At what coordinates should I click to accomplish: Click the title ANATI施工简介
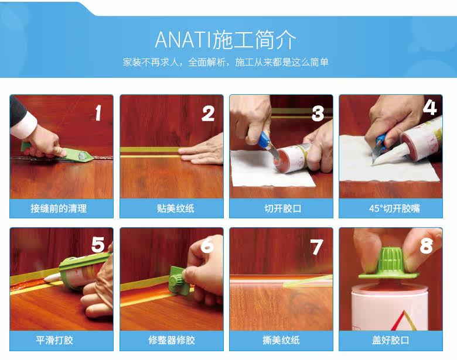tap(226, 40)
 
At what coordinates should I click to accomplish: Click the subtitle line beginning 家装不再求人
tap(226, 62)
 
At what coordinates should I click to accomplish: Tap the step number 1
tap(98, 113)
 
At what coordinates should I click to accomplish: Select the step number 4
tap(430, 108)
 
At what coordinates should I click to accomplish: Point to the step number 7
tap(317, 246)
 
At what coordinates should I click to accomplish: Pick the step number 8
tap(427, 245)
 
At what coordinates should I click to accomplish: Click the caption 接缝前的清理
tap(59, 208)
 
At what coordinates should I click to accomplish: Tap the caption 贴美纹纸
tap(175, 208)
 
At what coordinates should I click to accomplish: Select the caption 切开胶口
tap(283, 208)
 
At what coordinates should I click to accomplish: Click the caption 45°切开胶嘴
tap(394, 208)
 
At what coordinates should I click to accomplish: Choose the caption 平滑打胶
tap(54, 340)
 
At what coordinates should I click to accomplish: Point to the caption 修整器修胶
tap(171, 340)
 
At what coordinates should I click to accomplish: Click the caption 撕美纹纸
tap(281, 340)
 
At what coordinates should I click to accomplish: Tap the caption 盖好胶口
tap(391, 340)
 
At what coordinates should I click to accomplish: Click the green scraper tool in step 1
tap(67, 153)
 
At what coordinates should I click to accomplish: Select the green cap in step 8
tap(389, 263)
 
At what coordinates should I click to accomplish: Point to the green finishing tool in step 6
tap(178, 280)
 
